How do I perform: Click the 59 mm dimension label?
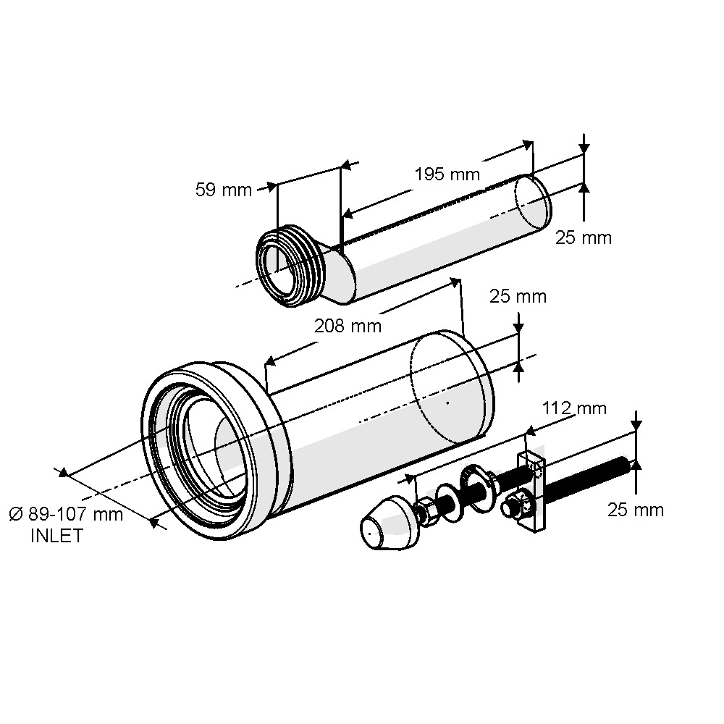223,190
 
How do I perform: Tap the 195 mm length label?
447,174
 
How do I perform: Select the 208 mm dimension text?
348,326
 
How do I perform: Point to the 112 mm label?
575,408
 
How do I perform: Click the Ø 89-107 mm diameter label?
66,514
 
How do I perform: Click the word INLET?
56,536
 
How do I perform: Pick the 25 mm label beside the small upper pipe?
584,237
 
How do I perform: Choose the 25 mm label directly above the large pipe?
518,296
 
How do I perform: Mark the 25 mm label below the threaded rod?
636,510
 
